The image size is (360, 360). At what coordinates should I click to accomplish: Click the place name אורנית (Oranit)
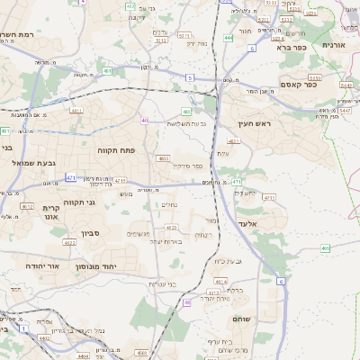[334, 43]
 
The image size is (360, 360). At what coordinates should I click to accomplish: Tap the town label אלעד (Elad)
[249, 222]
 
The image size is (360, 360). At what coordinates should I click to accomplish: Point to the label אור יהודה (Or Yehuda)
[40, 267]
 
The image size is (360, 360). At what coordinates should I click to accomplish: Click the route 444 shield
[229, 38]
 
